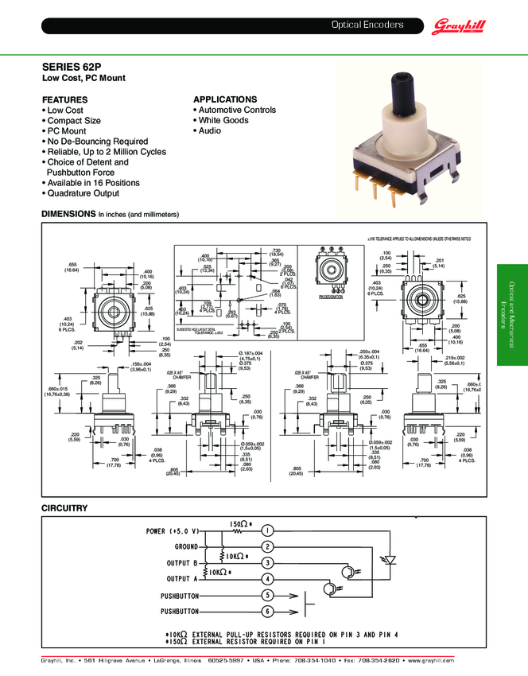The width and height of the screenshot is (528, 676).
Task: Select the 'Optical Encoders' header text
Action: point(367,25)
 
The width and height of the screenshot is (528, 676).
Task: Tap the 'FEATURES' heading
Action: point(64,99)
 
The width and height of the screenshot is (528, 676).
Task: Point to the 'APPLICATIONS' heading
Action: point(225,99)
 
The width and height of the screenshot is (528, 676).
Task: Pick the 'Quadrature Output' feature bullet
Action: point(83,193)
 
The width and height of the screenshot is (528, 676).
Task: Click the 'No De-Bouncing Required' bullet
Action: point(97,141)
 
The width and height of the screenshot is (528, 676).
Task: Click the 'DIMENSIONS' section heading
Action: point(68,215)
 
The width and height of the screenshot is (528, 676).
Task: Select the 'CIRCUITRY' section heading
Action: point(64,507)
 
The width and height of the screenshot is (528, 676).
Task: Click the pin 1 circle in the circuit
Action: point(268,530)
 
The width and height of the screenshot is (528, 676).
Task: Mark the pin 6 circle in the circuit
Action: point(268,611)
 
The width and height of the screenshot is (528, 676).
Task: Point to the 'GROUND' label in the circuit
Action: point(186,546)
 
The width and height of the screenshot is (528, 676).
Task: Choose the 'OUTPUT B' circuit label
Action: point(182,562)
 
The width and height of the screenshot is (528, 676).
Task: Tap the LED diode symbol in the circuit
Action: point(390,559)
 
